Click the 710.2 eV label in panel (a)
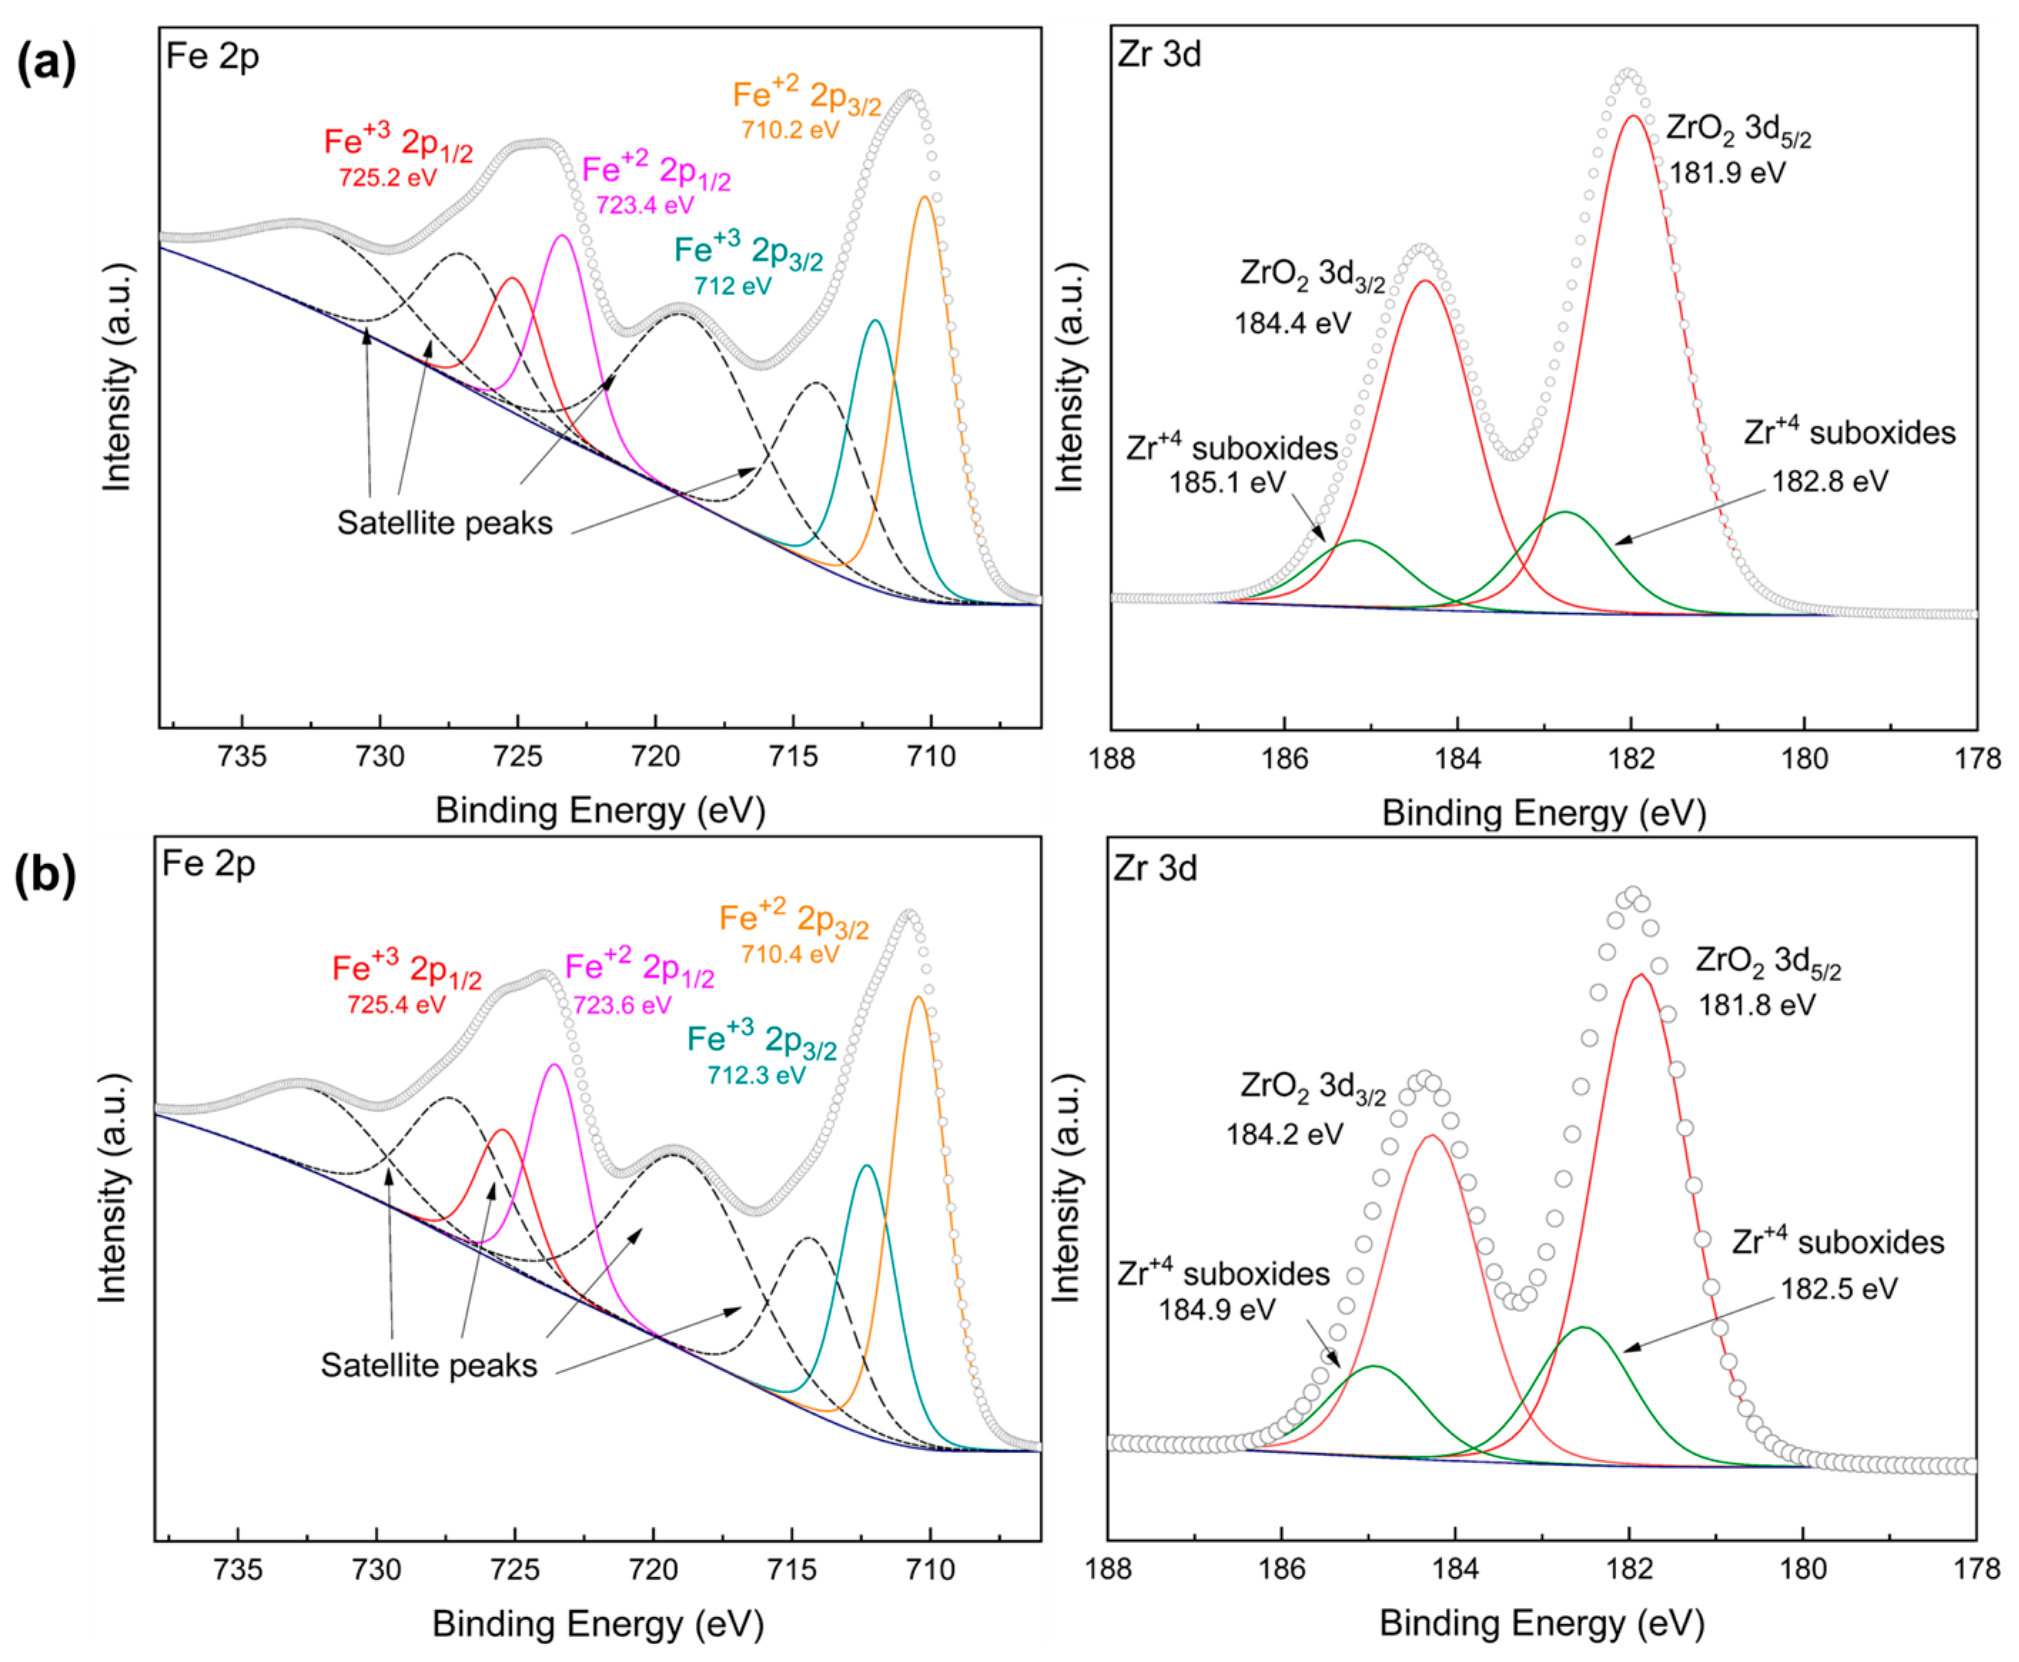point(790,129)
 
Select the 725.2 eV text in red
point(388,177)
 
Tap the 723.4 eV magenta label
point(644,205)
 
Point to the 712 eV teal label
point(732,285)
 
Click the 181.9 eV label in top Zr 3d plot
point(1727,173)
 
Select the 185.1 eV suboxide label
point(1226,481)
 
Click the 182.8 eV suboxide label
point(1829,481)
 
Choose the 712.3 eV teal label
point(756,1074)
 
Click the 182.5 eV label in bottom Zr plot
point(1838,1288)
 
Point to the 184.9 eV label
point(1216,1309)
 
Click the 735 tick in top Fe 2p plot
point(242,756)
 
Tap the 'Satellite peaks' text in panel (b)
point(429,1365)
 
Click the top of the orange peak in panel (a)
point(925,198)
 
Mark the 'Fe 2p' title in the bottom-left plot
point(209,863)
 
